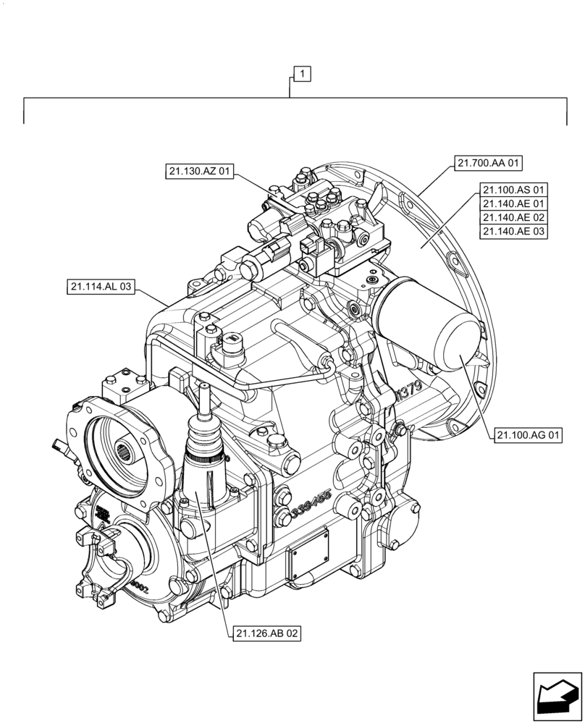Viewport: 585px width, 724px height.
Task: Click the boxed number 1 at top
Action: click(302, 73)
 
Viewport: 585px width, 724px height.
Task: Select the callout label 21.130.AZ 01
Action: click(199, 172)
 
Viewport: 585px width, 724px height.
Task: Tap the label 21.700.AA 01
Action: click(489, 164)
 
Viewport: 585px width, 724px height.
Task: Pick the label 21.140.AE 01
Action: click(513, 204)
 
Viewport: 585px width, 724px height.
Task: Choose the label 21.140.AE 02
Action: click(513, 218)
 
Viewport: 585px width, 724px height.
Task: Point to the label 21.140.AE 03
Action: click(513, 232)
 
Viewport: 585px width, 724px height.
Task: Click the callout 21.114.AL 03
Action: click(101, 287)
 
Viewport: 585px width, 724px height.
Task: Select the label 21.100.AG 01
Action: click(529, 435)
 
